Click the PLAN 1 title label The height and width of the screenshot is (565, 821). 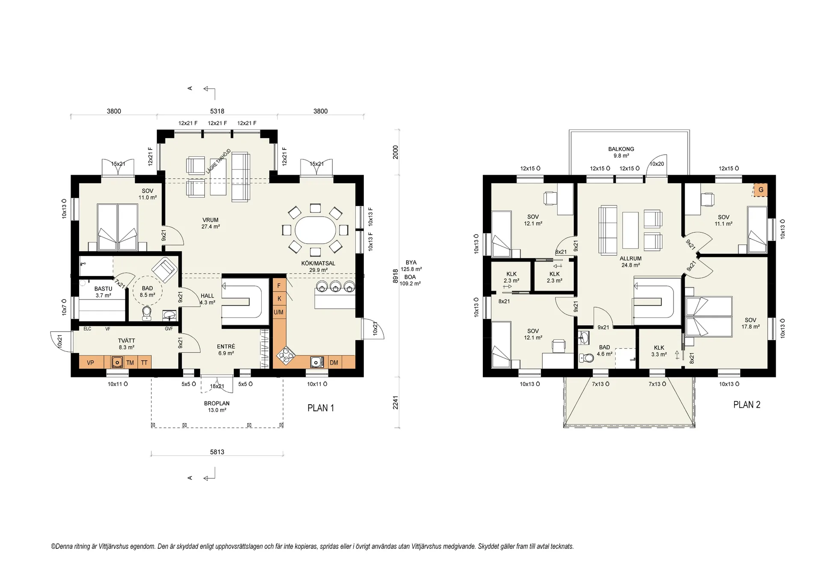coord(321,408)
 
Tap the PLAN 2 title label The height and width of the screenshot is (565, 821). coord(747,405)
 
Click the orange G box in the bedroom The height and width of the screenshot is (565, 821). coord(761,190)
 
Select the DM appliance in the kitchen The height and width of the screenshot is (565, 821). coord(334,362)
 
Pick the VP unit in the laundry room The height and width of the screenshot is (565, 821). coord(91,362)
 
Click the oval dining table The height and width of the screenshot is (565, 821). coord(316,230)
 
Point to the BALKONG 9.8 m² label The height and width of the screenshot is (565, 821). coord(621,153)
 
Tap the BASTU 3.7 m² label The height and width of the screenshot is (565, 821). coord(103,292)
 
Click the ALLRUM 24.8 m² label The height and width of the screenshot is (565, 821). coord(631,262)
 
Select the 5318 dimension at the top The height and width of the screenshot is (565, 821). coord(217,111)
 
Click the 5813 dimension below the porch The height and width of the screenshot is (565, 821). coord(217,452)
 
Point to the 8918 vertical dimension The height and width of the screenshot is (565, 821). coord(396,276)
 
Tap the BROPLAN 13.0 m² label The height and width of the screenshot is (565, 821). coord(217,406)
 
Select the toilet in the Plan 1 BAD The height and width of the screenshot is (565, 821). coord(147,313)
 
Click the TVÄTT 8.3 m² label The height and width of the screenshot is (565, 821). coord(127,344)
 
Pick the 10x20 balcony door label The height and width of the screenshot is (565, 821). coord(657,164)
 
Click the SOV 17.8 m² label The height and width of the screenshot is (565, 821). coord(750,323)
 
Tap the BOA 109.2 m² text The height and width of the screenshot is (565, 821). coord(410,280)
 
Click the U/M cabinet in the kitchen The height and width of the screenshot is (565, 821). coord(279,312)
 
